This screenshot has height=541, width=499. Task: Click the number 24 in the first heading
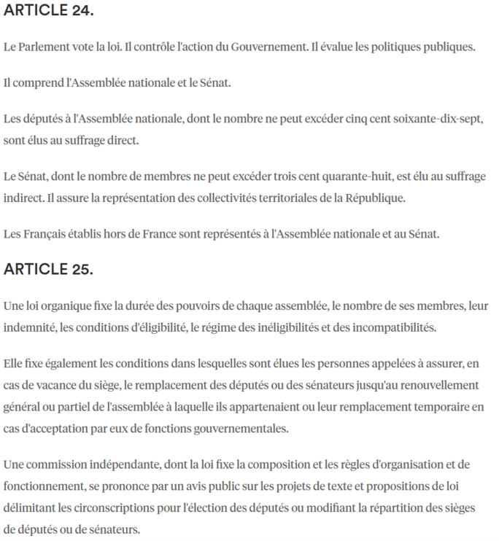click(82, 12)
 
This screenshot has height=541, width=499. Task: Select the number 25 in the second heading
click(82, 269)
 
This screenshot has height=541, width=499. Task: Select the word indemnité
click(28, 327)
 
